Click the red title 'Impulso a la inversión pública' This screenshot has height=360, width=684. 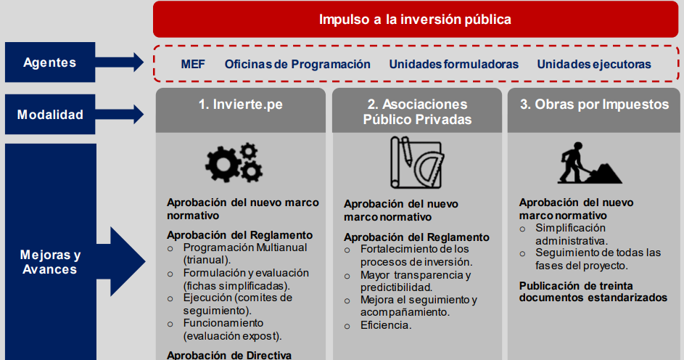coord(415,20)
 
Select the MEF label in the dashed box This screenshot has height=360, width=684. coord(193,65)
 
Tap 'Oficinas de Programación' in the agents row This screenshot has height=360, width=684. coord(297,65)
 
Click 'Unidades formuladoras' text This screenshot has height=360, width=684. coord(453,65)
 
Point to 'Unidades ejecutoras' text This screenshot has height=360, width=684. coord(593,65)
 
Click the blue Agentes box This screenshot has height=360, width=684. coord(49,62)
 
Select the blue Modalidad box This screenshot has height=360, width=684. coord(49,115)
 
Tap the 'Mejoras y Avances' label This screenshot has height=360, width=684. coord(49,262)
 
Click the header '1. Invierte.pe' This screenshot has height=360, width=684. coord(241,105)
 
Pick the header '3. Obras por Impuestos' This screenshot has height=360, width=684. coord(595,105)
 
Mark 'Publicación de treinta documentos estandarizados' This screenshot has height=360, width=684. coord(593,292)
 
